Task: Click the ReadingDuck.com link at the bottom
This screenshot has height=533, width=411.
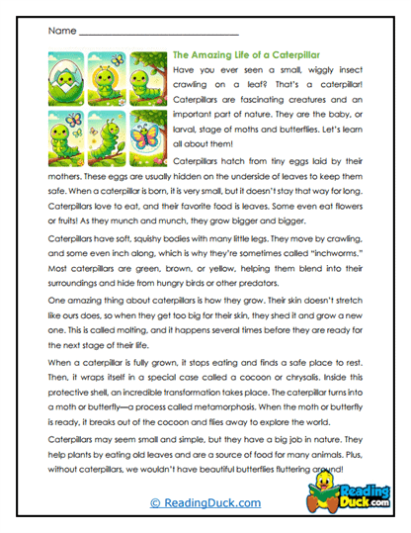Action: pos(205,502)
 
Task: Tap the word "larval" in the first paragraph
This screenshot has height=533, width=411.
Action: pos(188,114)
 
